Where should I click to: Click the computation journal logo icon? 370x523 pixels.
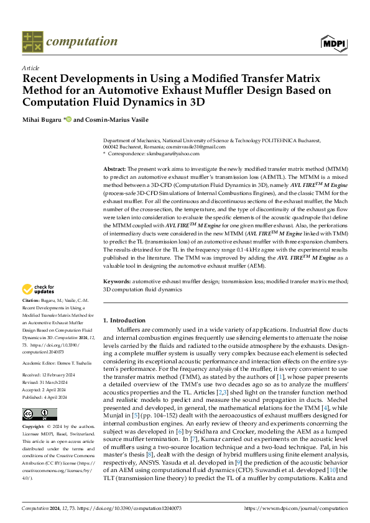(x=32, y=42)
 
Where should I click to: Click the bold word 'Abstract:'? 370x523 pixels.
(x=115, y=169)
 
